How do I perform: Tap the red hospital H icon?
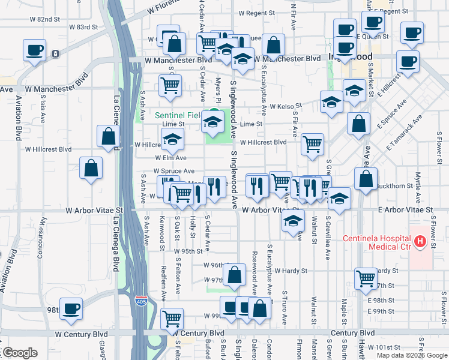point(420,242)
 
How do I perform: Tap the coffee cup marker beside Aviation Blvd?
point(34,50)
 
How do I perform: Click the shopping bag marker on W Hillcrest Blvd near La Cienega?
point(109,136)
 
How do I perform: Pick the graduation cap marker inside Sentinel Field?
point(212,122)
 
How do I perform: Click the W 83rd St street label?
point(83,27)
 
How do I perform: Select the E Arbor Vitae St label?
point(405,210)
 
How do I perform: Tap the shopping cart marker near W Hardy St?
point(366,278)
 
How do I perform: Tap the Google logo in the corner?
point(20,353)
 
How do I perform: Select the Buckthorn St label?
point(398,186)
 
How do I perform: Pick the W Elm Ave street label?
point(170,158)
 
